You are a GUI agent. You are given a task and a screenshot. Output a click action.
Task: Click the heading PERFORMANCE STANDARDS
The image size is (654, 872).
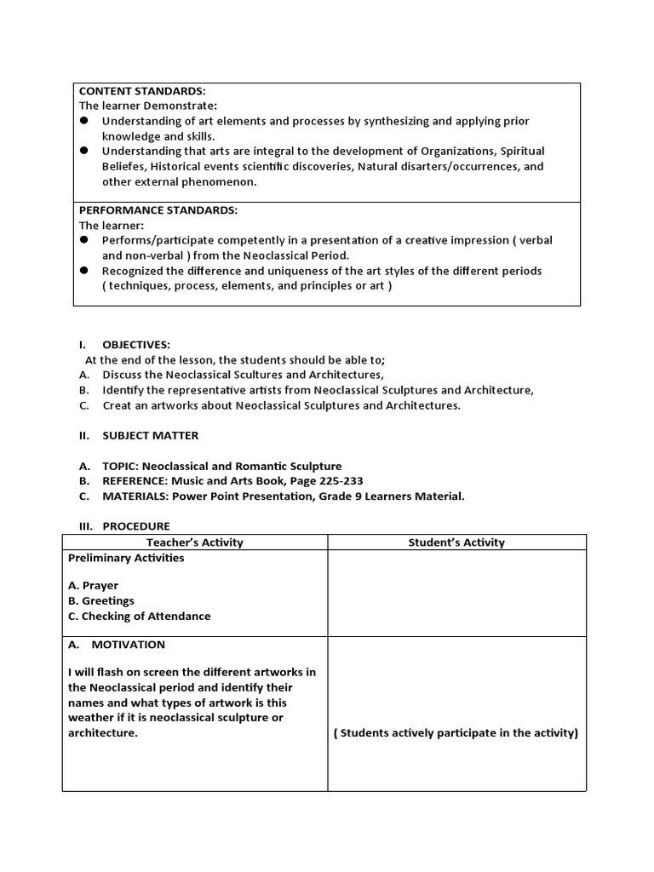(x=158, y=210)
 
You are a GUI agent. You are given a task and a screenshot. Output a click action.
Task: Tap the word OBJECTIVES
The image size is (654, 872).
(x=136, y=345)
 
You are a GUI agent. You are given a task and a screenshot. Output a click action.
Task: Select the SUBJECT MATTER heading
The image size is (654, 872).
(x=150, y=436)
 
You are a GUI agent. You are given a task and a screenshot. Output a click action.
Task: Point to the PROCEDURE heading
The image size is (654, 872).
(x=136, y=526)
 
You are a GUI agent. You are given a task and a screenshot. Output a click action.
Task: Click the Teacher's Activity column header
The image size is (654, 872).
(x=195, y=542)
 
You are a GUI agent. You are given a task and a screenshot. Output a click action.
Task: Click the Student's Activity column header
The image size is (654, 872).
(x=456, y=542)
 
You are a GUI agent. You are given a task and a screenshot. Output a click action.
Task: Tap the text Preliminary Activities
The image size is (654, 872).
(x=126, y=559)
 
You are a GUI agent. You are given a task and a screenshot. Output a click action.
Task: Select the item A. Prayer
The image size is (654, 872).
(x=93, y=586)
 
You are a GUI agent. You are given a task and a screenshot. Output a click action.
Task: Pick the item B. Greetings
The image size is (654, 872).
(x=100, y=601)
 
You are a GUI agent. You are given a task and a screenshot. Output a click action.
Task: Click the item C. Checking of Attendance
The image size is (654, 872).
(x=139, y=617)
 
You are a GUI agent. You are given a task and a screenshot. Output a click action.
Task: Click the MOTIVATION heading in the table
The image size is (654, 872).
(x=128, y=645)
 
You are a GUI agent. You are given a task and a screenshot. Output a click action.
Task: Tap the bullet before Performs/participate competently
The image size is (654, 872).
(x=84, y=240)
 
